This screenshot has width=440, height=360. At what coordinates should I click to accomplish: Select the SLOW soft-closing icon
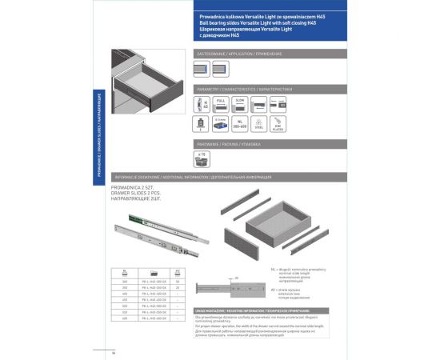pos(239,105)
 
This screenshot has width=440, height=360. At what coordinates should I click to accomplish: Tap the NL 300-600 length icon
pos(238,124)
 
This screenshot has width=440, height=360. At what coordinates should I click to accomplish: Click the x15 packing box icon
pos(202,158)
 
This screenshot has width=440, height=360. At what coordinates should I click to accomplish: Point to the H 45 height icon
pos(203,105)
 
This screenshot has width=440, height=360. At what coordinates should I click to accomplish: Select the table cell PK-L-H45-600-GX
pos(155,318)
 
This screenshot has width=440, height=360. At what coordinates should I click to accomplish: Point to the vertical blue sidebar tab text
pos(98,144)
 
